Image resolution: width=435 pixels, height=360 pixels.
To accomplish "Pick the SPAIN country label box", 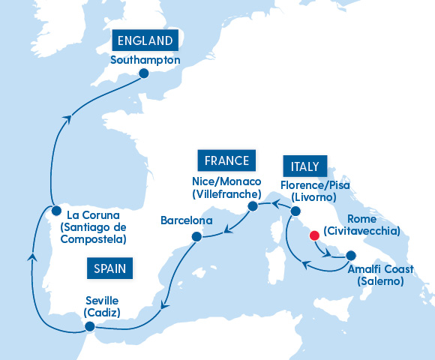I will pyautogui.click(x=109, y=268).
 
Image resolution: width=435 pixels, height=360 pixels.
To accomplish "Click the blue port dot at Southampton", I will pyautogui.click(x=143, y=74).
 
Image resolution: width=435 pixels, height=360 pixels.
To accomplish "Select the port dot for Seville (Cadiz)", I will pyautogui.click(x=90, y=326).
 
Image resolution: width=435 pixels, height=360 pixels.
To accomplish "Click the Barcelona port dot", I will pyautogui.click(x=196, y=237).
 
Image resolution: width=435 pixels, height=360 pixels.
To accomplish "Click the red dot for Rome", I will pyautogui.click(x=314, y=236).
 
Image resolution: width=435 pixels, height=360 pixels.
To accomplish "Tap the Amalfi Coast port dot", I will pyautogui.click(x=351, y=255).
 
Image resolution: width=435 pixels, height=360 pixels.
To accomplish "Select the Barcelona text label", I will pyautogui.click(x=187, y=221).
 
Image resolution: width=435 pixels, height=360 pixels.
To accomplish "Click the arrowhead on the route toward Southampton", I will pyautogui.click(x=68, y=118).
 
